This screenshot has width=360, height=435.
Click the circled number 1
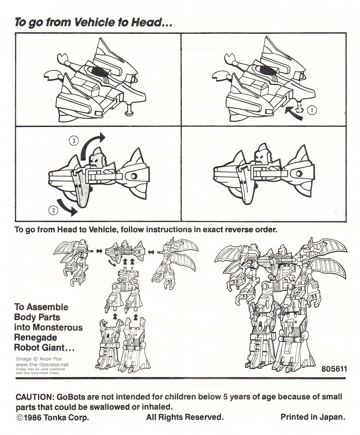click(x=312, y=111)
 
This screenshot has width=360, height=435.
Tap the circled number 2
click(x=53, y=210)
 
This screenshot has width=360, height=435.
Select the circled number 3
click(x=74, y=141)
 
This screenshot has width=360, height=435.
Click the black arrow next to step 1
click(x=294, y=113)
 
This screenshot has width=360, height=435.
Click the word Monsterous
click(x=58, y=327)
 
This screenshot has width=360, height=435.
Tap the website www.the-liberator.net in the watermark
click(x=42, y=364)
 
